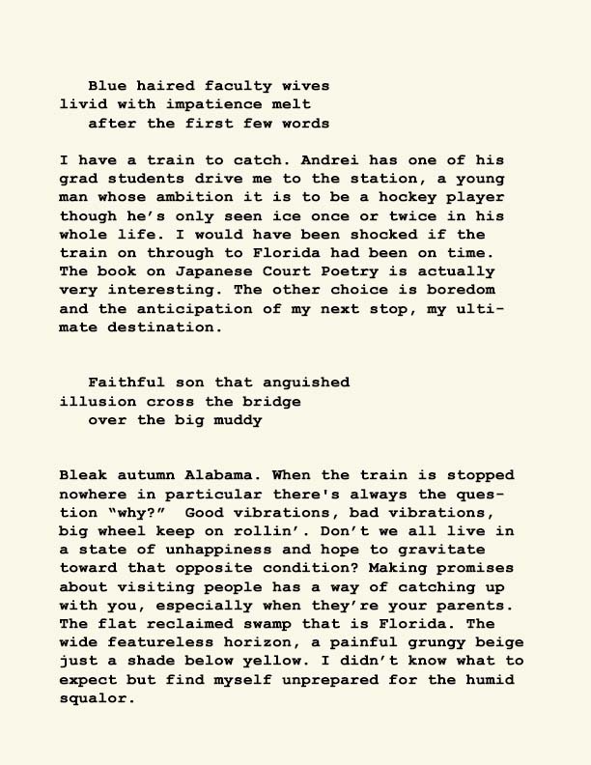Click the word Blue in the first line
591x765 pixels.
107,87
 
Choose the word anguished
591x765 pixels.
306,383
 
